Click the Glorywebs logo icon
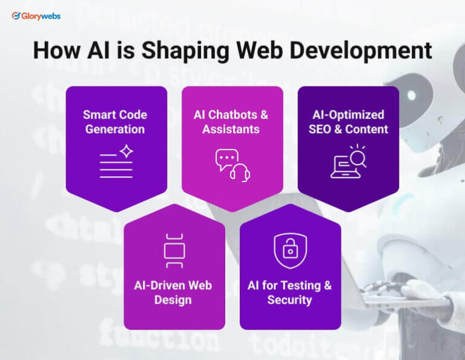tap(16, 16)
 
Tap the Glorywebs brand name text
tap(41, 16)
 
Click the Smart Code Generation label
tap(115, 122)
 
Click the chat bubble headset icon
tap(232, 164)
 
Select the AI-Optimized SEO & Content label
tap(348, 122)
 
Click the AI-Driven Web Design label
tap(173, 292)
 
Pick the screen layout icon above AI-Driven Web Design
tap(174, 250)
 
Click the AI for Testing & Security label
tap(289, 292)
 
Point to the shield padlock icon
tap(290, 250)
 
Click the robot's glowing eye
tap(412, 96)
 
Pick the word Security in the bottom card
tap(289, 299)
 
